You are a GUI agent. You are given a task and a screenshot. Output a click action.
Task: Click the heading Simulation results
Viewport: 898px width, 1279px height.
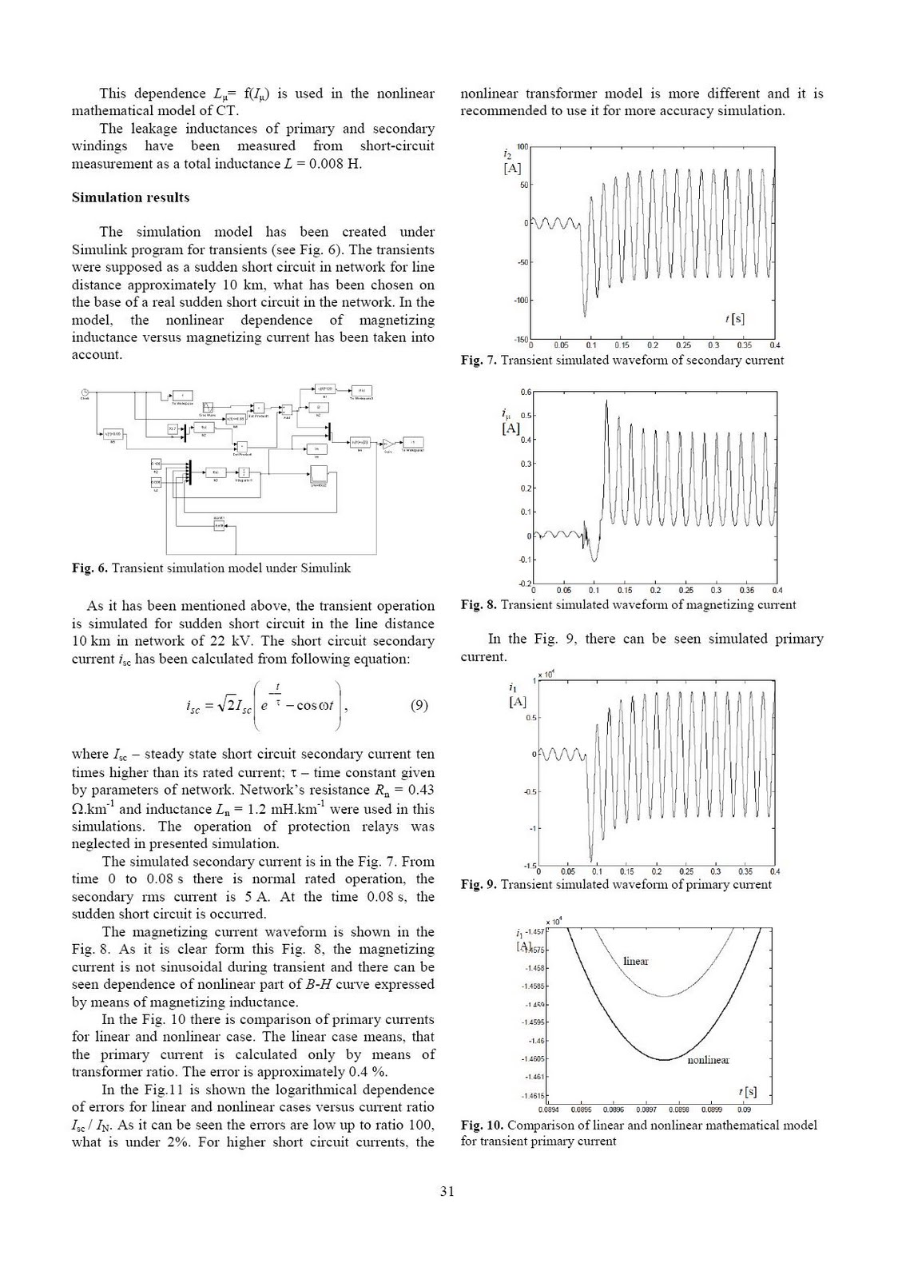(130, 197)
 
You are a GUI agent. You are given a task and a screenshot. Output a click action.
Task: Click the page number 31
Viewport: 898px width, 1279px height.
(447, 1191)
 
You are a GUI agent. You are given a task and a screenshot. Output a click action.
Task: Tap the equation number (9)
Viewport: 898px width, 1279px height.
(419, 705)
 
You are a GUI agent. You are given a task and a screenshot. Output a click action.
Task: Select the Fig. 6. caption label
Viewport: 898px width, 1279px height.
(89, 568)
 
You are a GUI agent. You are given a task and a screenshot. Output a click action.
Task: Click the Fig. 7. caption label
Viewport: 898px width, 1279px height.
(479, 361)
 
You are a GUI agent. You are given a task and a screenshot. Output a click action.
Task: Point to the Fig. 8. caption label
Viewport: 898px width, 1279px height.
(479, 604)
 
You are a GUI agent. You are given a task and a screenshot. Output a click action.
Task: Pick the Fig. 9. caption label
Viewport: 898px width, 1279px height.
(479, 884)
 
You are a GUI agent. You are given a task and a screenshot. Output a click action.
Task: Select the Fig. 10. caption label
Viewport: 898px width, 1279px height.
(482, 1125)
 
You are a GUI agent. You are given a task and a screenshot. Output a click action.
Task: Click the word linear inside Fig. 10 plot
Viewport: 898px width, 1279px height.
(635, 961)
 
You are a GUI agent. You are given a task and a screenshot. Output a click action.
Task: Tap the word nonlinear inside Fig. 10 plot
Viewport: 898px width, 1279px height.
(708, 1060)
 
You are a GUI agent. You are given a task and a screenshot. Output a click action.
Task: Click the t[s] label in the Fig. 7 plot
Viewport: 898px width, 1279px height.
(734, 318)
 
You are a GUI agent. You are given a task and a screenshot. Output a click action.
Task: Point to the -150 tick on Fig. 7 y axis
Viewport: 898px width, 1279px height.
(520, 340)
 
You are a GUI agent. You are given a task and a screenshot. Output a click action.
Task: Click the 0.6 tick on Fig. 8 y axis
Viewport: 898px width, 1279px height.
(526, 392)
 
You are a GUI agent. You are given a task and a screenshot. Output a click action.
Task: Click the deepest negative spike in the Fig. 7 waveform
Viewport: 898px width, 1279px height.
(584, 316)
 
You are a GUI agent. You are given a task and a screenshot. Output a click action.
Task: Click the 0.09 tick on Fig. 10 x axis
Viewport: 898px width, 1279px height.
(744, 1110)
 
